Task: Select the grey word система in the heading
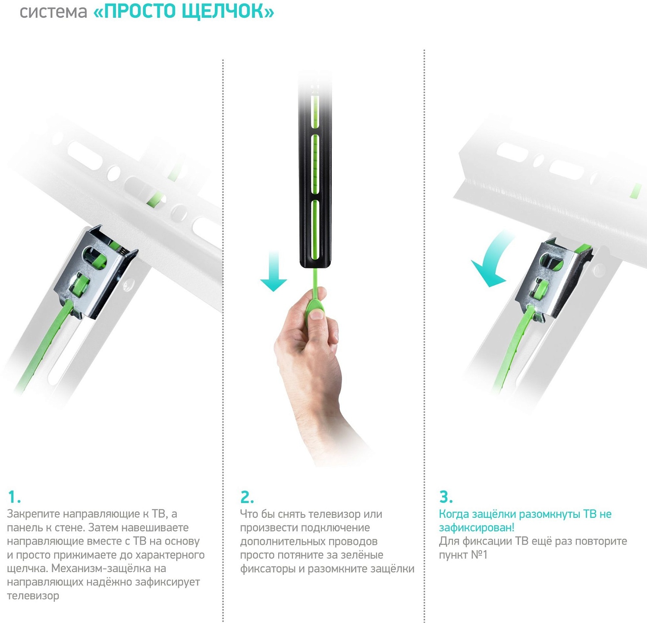tap(53, 13)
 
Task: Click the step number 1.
tap(14, 497)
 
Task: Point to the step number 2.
tap(247, 497)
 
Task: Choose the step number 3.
tap(446, 497)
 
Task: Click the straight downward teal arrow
tap(273, 271)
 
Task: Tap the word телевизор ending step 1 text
tap(33, 596)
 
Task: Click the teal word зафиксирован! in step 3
tap(477, 528)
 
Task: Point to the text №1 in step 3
tap(479, 555)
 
